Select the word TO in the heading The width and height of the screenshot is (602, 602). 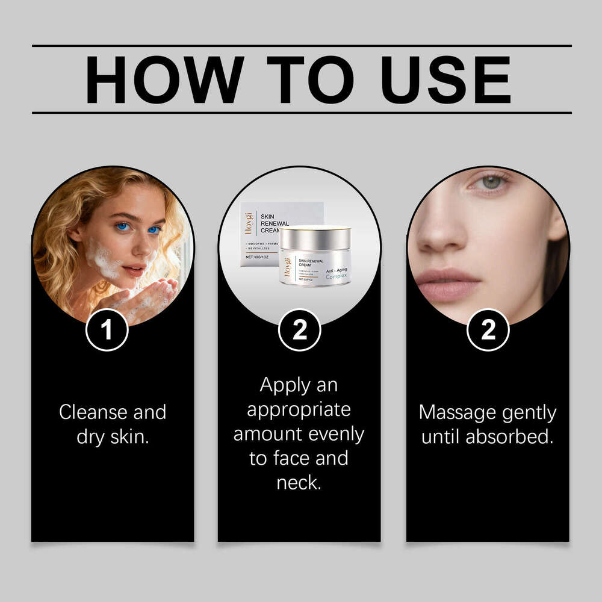[306, 80]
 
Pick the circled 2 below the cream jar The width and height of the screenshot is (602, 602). [299, 329]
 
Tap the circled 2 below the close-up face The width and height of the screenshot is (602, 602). [488, 329]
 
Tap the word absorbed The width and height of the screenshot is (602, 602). [516, 437]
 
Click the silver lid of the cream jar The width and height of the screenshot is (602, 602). [315, 232]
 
